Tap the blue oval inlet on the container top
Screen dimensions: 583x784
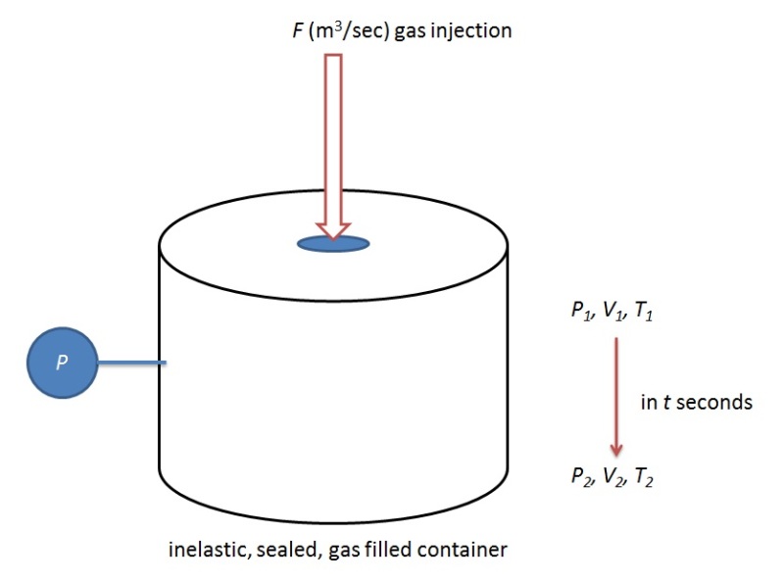pyautogui.click(x=333, y=242)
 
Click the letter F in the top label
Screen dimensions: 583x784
pyautogui.click(x=285, y=30)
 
